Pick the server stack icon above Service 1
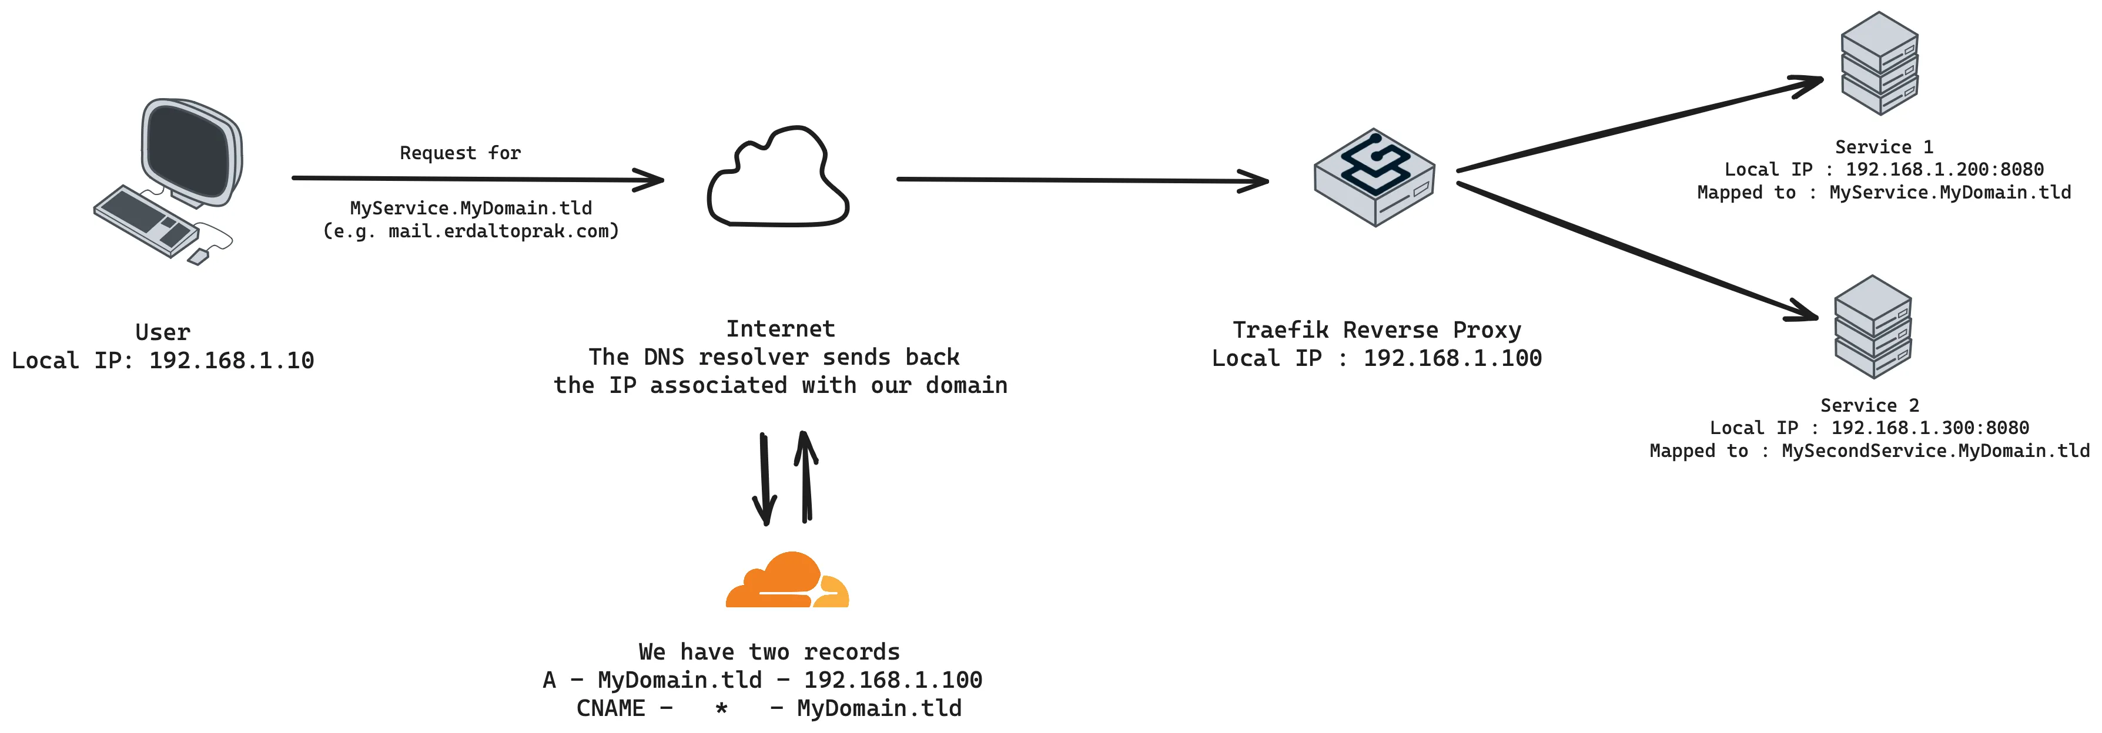[x=1879, y=63]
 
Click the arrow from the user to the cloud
[x=477, y=179]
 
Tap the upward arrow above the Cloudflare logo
[x=806, y=477]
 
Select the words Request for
[x=460, y=153]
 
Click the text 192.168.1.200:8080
[x=1944, y=170]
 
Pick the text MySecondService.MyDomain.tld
[x=1934, y=451]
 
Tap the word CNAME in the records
[x=610, y=708]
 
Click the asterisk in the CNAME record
[x=721, y=708]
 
